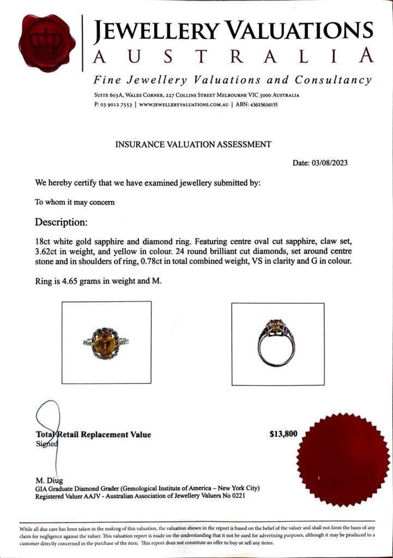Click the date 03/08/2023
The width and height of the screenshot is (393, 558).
pyautogui.click(x=330, y=163)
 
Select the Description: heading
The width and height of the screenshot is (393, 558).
pyautogui.click(x=61, y=222)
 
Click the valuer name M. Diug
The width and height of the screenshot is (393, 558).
pyautogui.click(x=48, y=480)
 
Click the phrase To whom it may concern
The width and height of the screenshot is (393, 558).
pyautogui.click(x=75, y=202)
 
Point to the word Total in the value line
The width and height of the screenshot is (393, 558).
pyautogui.click(x=45, y=434)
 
